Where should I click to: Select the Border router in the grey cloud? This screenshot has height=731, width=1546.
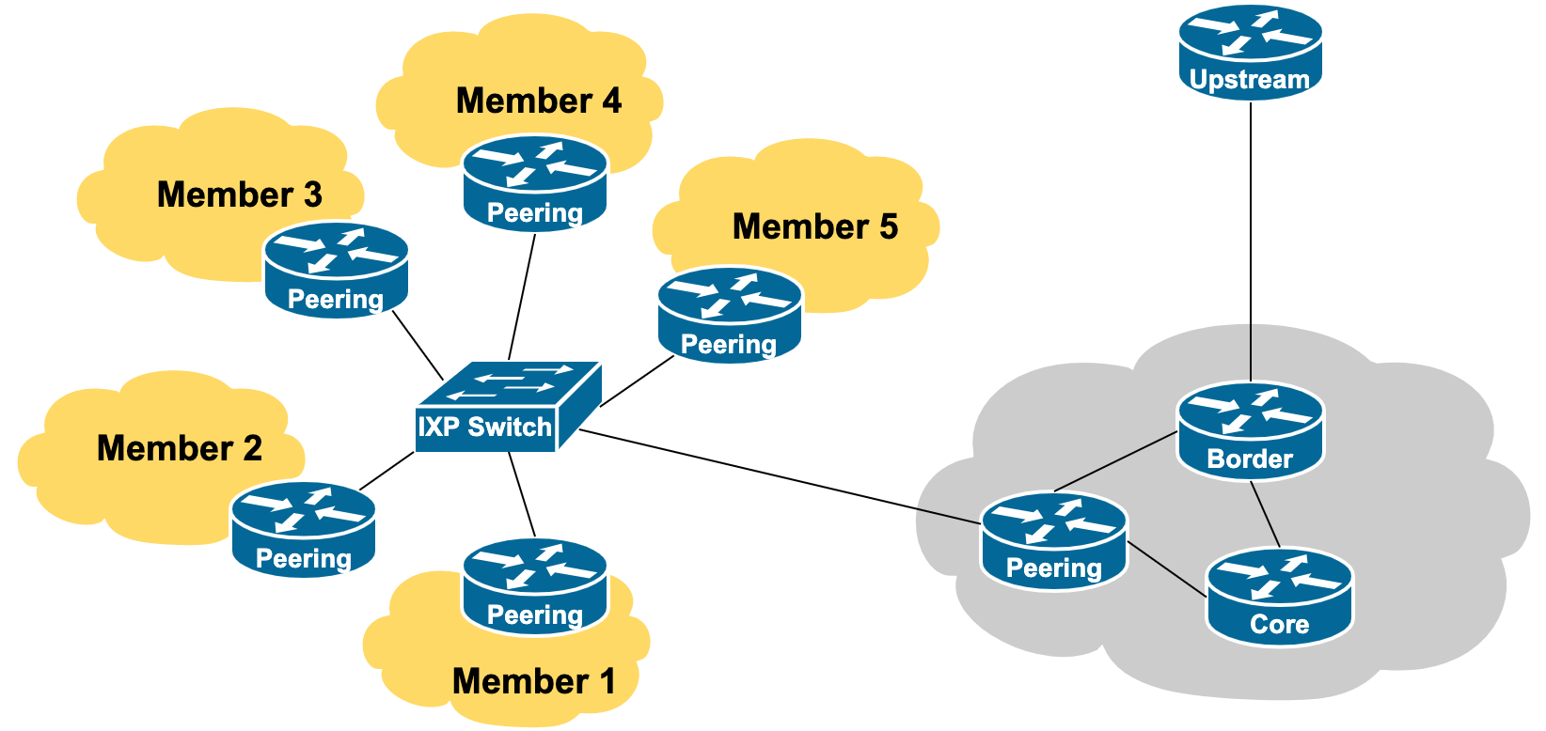pyautogui.click(x=1250, y=430)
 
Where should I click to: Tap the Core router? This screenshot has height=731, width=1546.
pyautogui.click(x=1279, y=597)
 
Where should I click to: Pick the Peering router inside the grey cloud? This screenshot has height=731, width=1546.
pyautogui.click(x=1053, y=540)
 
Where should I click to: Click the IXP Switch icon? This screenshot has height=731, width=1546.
pyautogui.click(x=508, y=407)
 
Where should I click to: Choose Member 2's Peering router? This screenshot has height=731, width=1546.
pyautogui.click(x=304, y=528)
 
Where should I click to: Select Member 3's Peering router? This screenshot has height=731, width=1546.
pyautogui.click(x=337, y=270)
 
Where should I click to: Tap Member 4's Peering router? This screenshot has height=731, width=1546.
pyautogui.click(x=535, y=183)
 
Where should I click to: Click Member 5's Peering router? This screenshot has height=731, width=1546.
pyautogui.click(x=729, y=315)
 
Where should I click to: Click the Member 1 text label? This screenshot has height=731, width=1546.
pyautogui.click(x=533, y=681)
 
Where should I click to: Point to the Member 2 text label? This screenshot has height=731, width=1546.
pyautogui.click(x=180, y=448)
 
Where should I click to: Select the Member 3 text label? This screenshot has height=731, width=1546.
pyautogui.click(x=240, y=194)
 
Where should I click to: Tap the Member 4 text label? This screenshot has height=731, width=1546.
pyautogui.click(x=539, y=101)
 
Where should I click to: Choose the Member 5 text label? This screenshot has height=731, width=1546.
pyautogui.click(x=815, y=226)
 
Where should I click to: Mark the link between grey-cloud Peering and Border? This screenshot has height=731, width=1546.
pyautogui.click(x=1116, y=461)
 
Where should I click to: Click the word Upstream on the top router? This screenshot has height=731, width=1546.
pyautogui.click(x=1250, y=80)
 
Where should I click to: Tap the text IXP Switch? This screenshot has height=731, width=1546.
pyautogui.click(x=485, y=428)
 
